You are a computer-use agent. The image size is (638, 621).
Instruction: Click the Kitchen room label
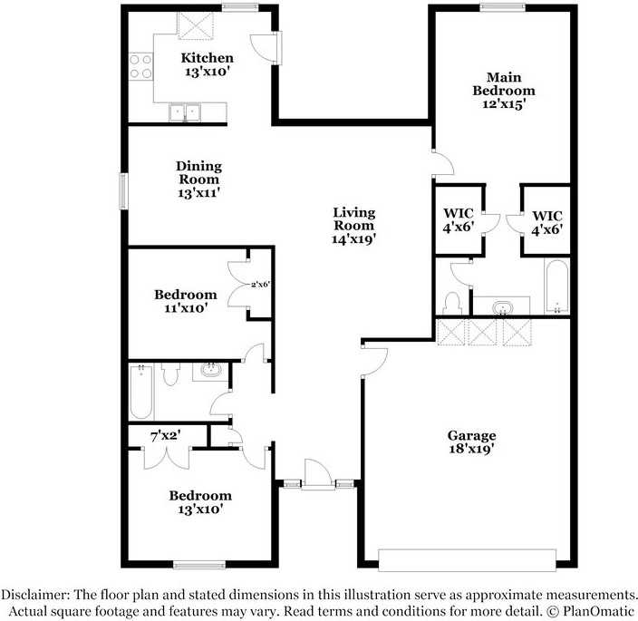click(207, 59)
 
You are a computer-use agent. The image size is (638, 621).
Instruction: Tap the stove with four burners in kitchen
click(140, 65)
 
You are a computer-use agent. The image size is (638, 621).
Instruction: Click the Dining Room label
click(198, 172)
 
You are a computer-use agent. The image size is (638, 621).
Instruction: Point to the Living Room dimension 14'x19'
click(353, 238)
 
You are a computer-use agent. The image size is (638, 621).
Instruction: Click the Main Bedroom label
click(504, 83)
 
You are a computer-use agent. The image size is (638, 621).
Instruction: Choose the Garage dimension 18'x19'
click(470, 449)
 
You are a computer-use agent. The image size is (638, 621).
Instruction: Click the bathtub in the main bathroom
click(556, 286)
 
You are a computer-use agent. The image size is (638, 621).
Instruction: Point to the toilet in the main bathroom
click(453, 300)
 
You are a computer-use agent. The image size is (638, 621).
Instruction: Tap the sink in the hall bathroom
click(211, 372)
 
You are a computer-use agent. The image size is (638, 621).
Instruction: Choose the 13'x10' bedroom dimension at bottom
click(199, 509)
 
